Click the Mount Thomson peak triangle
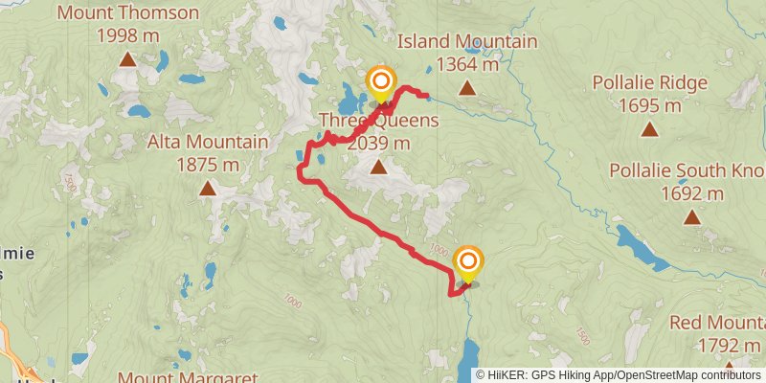point(127,60)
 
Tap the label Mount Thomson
point(127,13)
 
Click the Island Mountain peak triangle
point(467,88)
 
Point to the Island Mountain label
point(467,42)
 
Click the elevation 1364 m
point(467,64)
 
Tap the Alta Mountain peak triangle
point(208,189)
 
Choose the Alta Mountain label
point(208,143)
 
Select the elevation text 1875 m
point(208,165)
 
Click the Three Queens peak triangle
point(379,168)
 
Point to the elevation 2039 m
point(379,144)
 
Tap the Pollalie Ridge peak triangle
point(650,129)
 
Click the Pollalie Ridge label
point(650,83)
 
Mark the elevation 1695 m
point(650,105)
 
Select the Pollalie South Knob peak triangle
point(691,217)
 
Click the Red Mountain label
point(718,323)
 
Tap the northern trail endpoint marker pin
point(381,81)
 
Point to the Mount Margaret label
point(189,376)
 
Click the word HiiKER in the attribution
point(507,374)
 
